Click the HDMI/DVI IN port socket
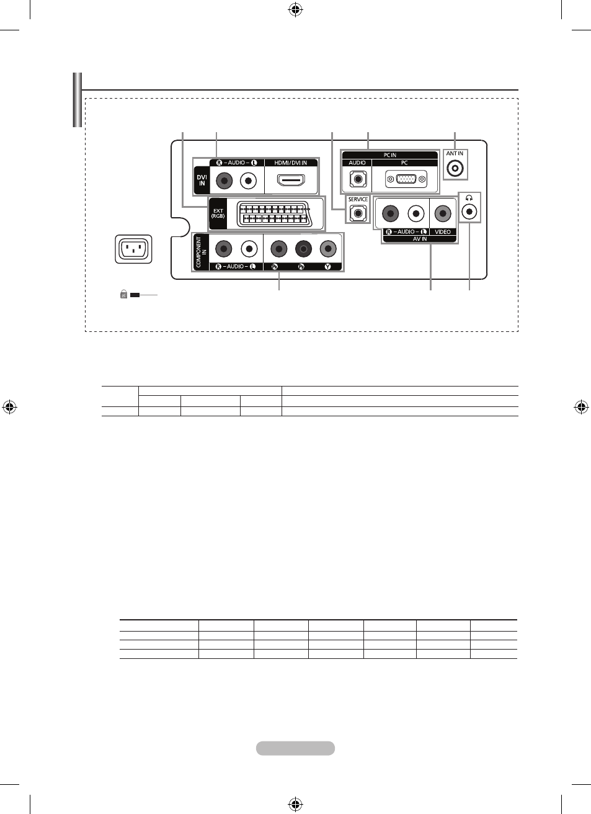(291, 180)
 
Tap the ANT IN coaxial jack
(455, 169)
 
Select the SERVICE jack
(358, 213)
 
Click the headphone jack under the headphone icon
(469, 211)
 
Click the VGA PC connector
(406, 179)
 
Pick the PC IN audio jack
(358, 179)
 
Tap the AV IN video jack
(442, 213)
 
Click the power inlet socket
(133, 249)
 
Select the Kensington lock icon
(123, 294)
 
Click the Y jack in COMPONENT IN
(328, 249)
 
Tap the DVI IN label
(202, 181)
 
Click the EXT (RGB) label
(218, 213)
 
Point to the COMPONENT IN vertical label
(201, 252)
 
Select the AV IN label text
(420, 239)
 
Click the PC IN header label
(389, 155)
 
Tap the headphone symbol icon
(469, 198)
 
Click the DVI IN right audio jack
(224, 181)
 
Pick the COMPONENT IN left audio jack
(249, 249)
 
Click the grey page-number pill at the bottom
(295, 748)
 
